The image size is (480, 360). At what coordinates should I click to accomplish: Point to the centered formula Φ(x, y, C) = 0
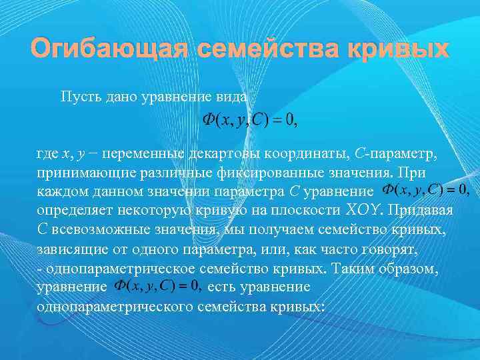point(249,121)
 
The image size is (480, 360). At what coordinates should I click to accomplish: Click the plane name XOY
point(366,211)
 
